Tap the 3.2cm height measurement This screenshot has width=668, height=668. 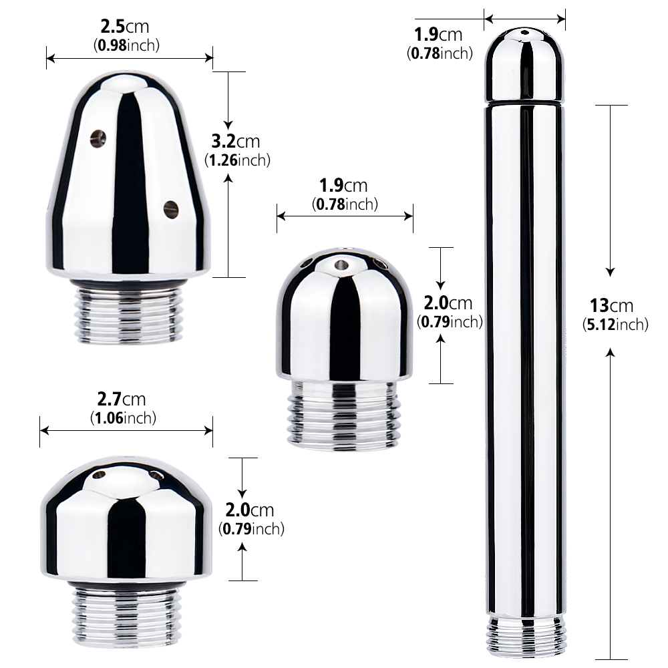coord(235,142)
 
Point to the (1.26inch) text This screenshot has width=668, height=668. coord(236,160)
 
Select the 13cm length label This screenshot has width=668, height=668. coord(611,306)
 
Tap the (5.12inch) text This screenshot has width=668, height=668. coord(615,325)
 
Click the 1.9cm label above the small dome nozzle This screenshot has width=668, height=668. coord(345,187)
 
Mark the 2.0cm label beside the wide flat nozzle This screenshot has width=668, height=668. coord(250,510)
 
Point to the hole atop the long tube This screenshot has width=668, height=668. coord(524,33)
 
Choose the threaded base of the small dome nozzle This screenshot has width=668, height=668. coord(344,415)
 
